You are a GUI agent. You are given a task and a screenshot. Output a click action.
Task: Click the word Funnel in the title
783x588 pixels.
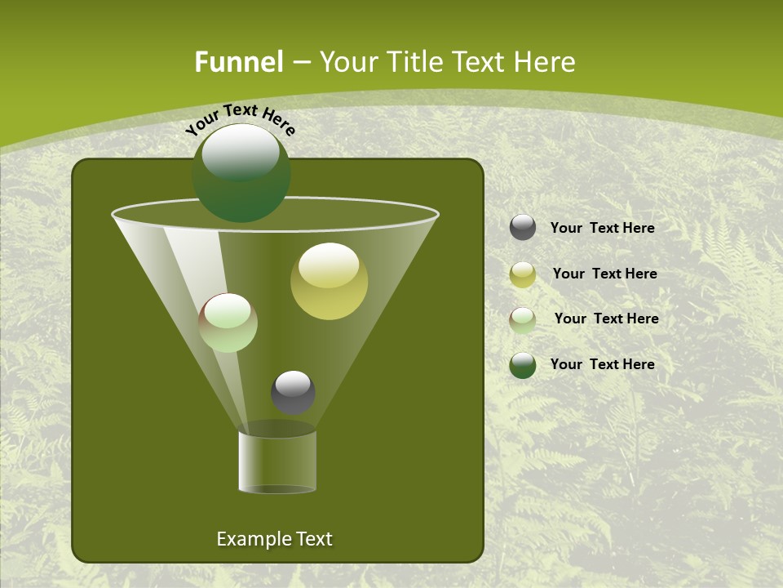point(238,62)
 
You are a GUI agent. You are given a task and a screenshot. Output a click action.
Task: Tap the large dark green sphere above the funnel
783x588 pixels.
point(241,173)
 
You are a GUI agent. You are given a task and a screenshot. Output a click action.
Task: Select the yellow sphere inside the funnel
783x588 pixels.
point(330,281)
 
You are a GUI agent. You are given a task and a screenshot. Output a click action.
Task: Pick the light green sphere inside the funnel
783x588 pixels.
point(228,323)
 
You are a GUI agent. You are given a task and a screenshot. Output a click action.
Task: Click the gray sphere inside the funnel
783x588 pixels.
point(293,392)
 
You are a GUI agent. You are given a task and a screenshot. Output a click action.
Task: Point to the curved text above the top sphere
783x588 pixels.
point(241,118)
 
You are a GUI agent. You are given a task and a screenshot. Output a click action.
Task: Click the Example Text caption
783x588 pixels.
point(274,539)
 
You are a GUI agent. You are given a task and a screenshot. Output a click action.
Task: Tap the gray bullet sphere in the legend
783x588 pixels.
point(523,228)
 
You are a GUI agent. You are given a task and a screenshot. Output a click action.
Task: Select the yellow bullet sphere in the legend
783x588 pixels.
point(523,274)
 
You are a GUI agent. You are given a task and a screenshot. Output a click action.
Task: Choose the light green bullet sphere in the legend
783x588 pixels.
point(523,319)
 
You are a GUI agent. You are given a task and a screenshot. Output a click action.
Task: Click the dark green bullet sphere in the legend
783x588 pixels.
point(523,364)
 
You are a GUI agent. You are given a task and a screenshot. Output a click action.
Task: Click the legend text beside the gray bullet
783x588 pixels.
point(602,228)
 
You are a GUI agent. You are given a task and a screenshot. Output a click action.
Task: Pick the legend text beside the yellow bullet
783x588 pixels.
point(604,274)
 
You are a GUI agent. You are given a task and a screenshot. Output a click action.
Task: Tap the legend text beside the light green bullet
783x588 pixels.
point(606,318)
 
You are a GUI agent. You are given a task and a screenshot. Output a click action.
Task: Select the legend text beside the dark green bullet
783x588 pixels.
point(602,364)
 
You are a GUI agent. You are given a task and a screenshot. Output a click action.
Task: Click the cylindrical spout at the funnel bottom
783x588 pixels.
point(277,461)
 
